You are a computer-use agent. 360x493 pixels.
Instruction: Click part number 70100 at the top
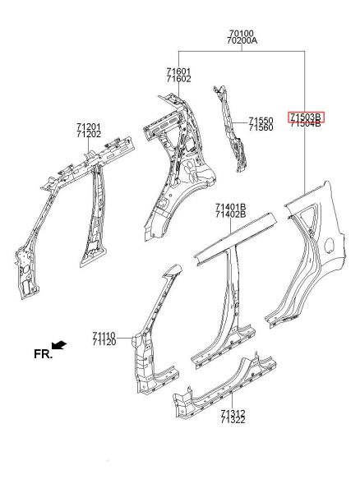coord(242,33)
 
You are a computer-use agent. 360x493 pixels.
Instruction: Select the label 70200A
coord(242,40)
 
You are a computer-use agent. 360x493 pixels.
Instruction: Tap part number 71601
coord(178,72)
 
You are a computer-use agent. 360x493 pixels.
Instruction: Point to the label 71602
coord(178,79)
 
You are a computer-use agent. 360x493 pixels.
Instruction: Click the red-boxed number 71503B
coord(307,117)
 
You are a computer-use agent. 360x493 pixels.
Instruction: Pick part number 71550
coord(261,121)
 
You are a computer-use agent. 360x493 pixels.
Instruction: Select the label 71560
coord(261,127)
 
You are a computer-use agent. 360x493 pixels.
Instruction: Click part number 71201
coord(89,127)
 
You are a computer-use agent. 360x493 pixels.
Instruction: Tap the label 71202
coord(89,134)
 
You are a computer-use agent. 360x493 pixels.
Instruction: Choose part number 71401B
coord(230,207)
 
